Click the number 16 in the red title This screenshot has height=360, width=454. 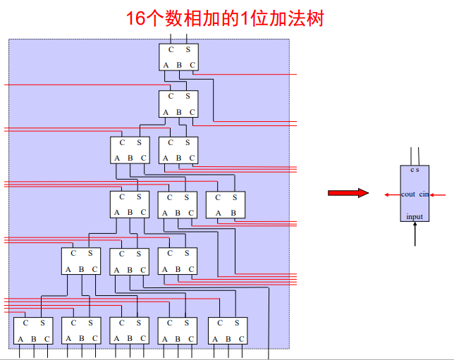[x=135, y=18]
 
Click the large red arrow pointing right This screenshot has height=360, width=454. [x=348, y=193]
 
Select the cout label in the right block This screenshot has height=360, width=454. [x=408, y=194]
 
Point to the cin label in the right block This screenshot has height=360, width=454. [x=424, y=194]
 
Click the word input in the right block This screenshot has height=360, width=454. [x=415, y=217]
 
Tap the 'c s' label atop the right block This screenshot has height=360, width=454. [x=415, y=170]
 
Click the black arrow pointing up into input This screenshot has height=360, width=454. [x=415, y=234]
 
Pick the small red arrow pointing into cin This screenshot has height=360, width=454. [x=438, y=195]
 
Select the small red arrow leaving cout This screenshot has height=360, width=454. [x=393, y=195]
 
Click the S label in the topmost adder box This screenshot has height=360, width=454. [x=188, y=50]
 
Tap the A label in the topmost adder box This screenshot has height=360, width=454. [x=166, y=66]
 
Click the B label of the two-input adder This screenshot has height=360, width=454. [x=233, y=213]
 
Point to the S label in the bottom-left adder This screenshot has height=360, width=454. [x=42, y=323]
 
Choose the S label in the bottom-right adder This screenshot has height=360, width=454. [x=237, y=323]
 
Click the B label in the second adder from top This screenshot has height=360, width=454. [x=179, y=112]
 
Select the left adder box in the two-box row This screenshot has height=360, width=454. [x=130, y=150]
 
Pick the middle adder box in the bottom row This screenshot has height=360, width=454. [x=130, y=331]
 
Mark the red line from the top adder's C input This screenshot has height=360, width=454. [x=245, y=75]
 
